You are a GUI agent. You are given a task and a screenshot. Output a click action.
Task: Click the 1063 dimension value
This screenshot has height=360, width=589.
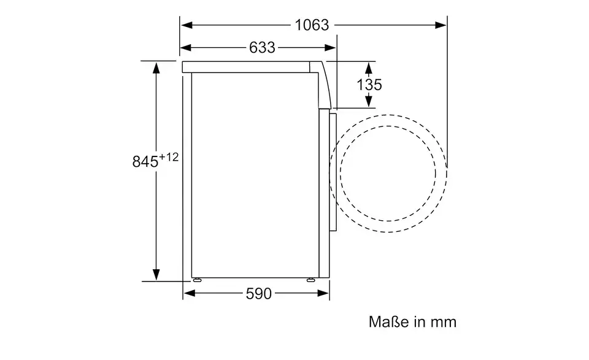tap(312, 25)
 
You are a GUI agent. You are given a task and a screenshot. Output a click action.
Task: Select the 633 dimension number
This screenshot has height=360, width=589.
tap(262, 48)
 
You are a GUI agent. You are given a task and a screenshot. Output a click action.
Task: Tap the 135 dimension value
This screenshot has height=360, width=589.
tap(369, 85)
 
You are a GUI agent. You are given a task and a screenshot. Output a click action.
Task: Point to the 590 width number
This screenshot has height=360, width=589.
tap(258, 294)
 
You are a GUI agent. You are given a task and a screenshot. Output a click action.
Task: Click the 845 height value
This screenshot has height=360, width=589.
tap(145, 162)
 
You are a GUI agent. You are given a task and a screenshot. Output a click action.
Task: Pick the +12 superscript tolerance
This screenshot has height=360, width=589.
tap(169, 157)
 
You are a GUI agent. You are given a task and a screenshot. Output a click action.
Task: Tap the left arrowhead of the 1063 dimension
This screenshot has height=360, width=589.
tap(187, 25)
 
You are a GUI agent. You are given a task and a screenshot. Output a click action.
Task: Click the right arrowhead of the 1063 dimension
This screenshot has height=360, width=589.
tap(441, 25)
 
